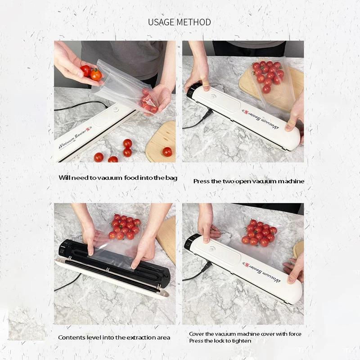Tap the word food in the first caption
click(x=131, y=178)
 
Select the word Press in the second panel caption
click(x=201, y=181)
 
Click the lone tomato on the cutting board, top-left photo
click(x=167, y=152)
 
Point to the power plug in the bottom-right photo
click(x=206, y=267)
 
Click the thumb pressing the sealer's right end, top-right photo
click(x=290, y=126)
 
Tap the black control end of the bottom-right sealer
click(x=190, y=243)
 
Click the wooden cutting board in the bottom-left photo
click(x=167, y=239)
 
